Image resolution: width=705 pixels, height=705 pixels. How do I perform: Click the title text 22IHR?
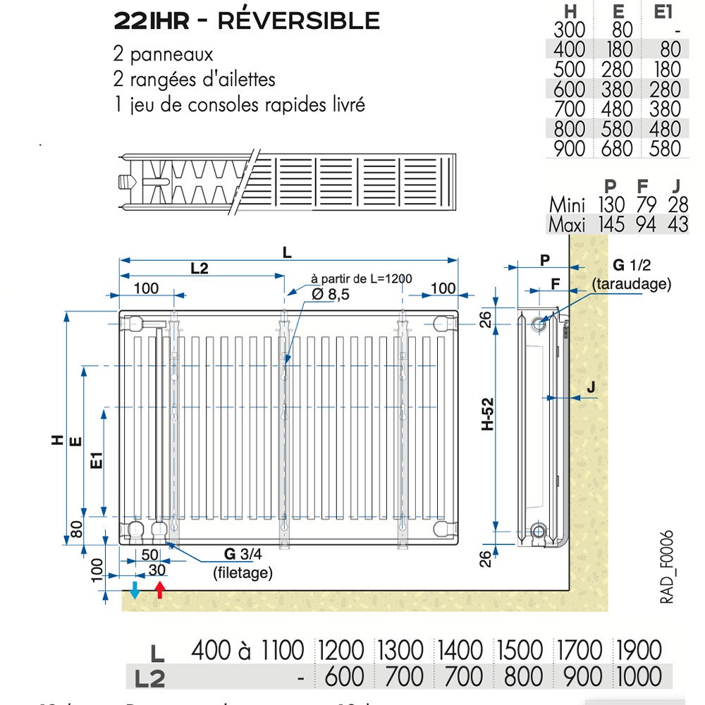pyautogui.click(x=151, y=21)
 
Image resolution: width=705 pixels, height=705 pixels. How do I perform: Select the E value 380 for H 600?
pyautogui.click(x=618, y=90)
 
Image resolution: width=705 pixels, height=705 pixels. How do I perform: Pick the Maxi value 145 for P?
pyautogui.click(x=611, y=225)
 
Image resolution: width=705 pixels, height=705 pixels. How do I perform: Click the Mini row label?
pyautogui.click(x=568, y=205)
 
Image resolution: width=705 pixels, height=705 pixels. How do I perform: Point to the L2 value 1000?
pyautogui.click(x=639, y=677)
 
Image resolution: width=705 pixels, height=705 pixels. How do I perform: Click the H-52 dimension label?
pyautogui.click(x=487, y=427)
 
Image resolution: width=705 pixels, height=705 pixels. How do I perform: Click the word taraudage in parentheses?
pyautogui.click(x=632, y=283)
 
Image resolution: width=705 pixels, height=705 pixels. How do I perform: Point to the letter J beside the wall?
pyautogui.click(x=591, y=386)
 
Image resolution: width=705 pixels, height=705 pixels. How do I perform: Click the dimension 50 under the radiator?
pyautogui.click(x=149, y=554)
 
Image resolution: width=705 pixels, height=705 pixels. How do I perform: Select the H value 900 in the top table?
pyautogui.click(x=570, y=149)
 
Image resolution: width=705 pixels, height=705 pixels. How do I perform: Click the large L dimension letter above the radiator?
pyautogui.click(x=286, y=252)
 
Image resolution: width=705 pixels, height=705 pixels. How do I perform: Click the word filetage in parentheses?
pyautogui.click(x=243, y=572)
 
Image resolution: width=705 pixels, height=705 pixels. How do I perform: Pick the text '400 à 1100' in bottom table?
pyautogui.click(x=247, y=650)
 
